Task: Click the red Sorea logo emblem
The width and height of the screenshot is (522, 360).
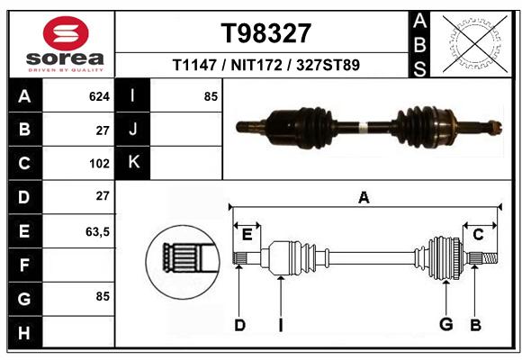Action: point(66,33)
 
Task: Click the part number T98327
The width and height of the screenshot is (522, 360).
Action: point(266,33)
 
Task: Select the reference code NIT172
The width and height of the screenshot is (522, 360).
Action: point(256,65)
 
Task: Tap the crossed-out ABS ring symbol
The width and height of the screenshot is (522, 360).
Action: point(475,44)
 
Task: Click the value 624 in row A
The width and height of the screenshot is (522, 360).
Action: point(99,96)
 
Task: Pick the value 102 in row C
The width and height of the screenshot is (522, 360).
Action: point(99,164)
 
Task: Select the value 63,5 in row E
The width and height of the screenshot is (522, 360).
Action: point(97,232)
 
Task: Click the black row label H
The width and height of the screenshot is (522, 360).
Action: point(25,332)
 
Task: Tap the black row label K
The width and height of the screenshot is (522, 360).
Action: point(133,163)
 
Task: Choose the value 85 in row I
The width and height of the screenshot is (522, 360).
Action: point(211,96)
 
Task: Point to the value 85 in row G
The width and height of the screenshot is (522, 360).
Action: point(103,296)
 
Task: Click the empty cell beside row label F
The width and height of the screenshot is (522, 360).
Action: point(78,265)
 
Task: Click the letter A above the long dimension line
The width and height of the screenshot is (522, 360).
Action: point(364,198)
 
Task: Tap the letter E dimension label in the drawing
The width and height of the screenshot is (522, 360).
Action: point(247,235)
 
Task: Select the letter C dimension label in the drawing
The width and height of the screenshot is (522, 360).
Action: point(478,235)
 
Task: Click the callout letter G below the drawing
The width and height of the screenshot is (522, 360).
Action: point(446,324)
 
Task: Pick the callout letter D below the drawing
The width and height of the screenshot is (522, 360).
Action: point(239,325)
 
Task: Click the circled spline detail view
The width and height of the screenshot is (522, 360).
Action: point(183,262)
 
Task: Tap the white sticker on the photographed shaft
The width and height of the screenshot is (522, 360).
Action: point(363,127)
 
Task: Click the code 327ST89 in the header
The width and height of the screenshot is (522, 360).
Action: point(328,65)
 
